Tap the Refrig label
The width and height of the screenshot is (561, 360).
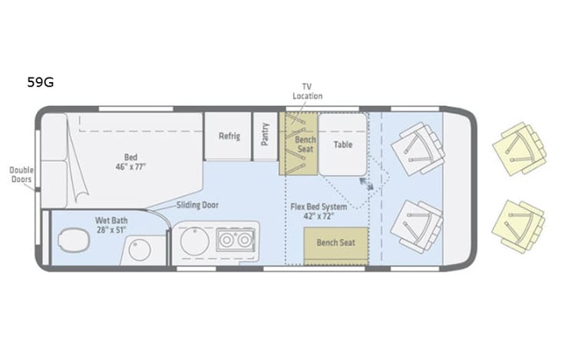(229, 137)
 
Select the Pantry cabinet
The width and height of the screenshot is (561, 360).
(265, 137)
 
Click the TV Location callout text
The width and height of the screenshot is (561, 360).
(307, 91)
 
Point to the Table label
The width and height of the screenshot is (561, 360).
(343, 144)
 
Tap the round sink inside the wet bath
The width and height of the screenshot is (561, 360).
(140, 250)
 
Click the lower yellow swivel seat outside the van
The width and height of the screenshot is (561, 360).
(520, 226)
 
